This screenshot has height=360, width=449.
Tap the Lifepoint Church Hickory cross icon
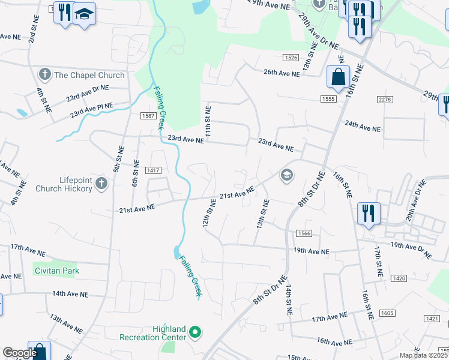point(101,183)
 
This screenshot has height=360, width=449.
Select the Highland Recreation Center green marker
point(194,331)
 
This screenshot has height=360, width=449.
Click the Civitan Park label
point(56,271)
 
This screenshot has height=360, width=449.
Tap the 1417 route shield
point(152,171)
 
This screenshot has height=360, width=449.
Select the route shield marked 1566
point(303,233)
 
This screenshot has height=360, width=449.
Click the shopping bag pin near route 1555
point(338,77)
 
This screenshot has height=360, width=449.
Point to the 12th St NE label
point(208,214)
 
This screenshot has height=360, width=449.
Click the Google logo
point(19,353)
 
